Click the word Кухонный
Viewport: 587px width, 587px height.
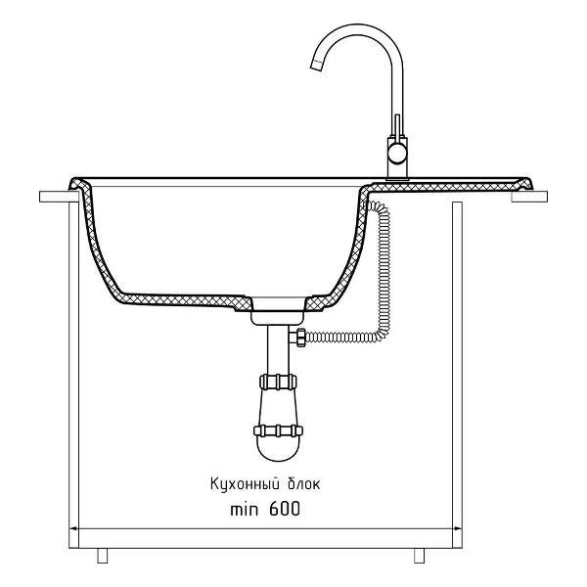246,484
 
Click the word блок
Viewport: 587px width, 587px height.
303,483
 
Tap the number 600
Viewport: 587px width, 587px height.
285,509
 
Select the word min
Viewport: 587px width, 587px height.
244,510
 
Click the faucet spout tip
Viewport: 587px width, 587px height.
317,66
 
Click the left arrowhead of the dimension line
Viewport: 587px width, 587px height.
73,528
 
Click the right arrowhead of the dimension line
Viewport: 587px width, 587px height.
458,528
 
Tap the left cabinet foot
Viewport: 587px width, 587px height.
102,556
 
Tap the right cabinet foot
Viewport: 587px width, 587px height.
420,556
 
